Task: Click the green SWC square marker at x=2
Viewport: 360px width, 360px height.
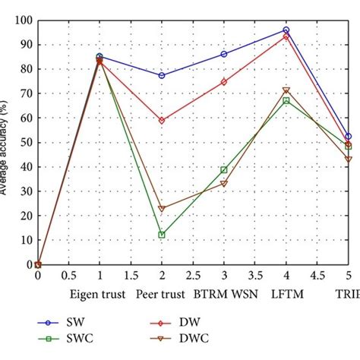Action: pos(162,235)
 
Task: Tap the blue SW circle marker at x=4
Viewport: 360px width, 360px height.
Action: pos(286,30)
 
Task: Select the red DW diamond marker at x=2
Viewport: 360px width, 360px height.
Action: pos(162,120)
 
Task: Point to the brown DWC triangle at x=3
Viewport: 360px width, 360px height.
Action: pos(224,184)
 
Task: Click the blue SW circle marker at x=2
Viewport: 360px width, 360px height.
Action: pos(162,75)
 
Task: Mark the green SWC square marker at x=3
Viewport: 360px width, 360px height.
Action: pos(224,169)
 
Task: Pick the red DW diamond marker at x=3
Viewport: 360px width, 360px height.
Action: pos(224,81)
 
